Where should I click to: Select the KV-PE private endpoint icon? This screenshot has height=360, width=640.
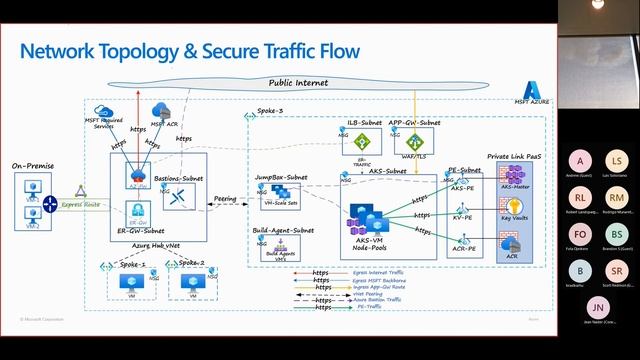click(x=462, y=206)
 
